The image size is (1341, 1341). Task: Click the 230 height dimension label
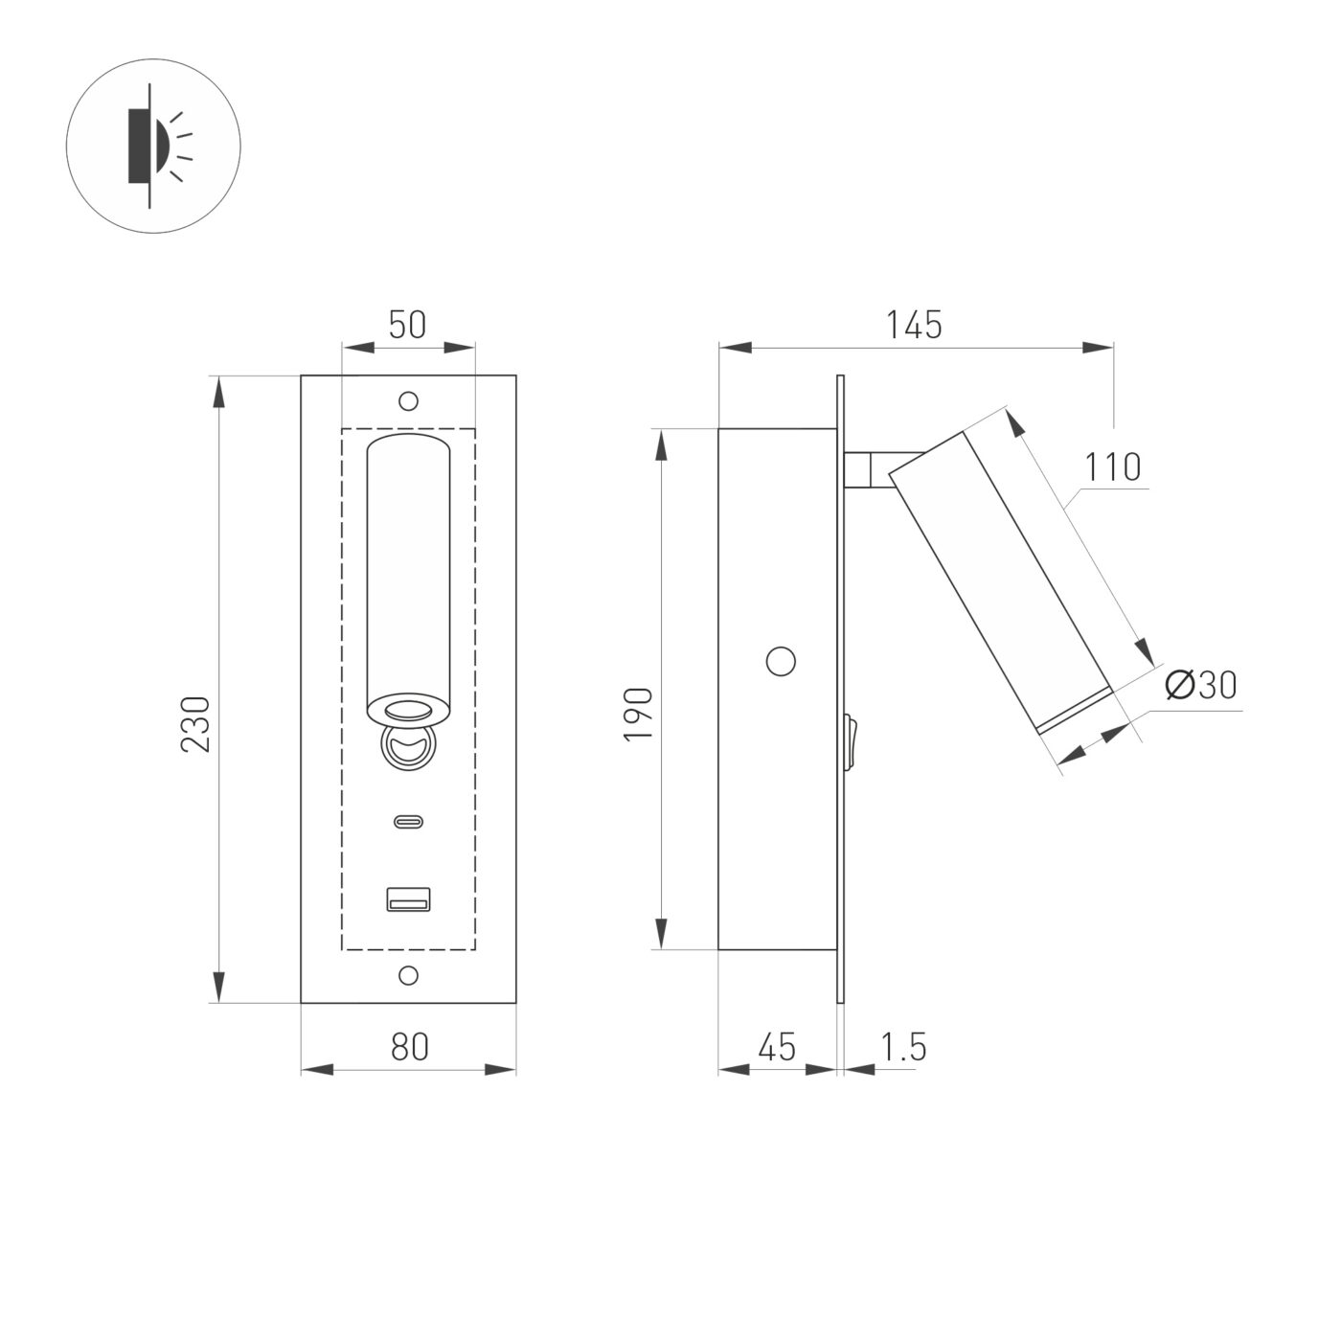point(195,723)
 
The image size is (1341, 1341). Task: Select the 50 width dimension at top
point(407,325)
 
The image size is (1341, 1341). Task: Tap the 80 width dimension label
point(409,1047)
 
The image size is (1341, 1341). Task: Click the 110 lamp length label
point(1113,467)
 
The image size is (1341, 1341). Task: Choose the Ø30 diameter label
point(1201,685)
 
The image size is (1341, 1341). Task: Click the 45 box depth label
point(776,1047)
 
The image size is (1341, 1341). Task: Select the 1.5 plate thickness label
point(903,1047)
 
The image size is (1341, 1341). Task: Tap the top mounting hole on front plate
point(409,400)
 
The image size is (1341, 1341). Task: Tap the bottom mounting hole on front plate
point(409,975)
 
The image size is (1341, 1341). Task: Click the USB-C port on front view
point(409,821)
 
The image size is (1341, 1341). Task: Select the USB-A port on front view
point(409,899)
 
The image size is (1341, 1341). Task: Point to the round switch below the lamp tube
point(409,747)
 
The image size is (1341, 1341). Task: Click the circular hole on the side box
point(782,661)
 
